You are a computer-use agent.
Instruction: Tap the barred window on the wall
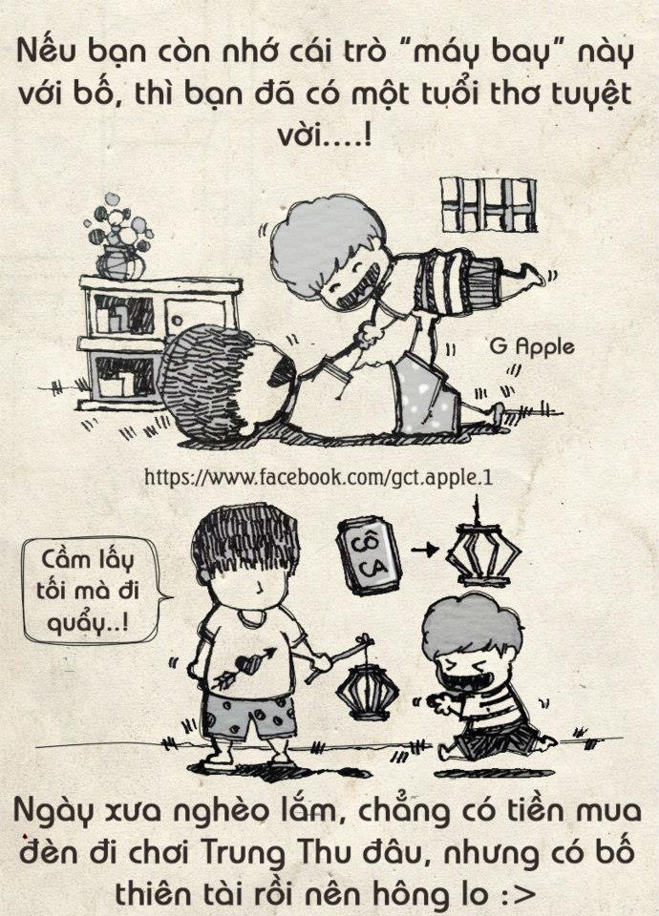pos(488,204)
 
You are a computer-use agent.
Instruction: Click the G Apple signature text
pos(532,347)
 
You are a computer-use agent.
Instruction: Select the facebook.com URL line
pos(318,477)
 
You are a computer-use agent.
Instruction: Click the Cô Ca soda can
pos(369,554)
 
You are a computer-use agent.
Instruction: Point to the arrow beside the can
pos(424,550)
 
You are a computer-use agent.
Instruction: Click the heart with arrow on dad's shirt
pos(244,665)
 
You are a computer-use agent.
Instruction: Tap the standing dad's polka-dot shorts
pos(249,717)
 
